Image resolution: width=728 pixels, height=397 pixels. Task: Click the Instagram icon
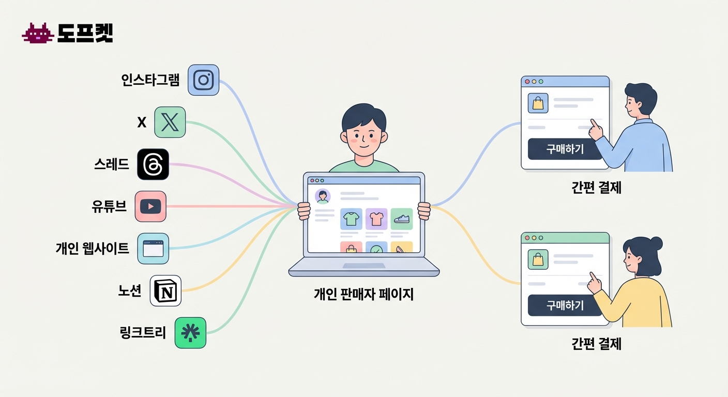click(204, 80)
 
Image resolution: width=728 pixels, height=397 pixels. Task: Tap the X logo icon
click(170, 122)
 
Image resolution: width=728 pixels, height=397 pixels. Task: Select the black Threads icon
click(153, 164)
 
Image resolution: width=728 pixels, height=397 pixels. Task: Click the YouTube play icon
click(150, 206)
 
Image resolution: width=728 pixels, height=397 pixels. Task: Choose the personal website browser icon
click(153, 249)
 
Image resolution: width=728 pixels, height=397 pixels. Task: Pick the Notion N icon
click(165, 291)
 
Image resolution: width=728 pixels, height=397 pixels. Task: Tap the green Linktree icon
click(190, 332)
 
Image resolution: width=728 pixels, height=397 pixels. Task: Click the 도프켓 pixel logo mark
click(38, 34)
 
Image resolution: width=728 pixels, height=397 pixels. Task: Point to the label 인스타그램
click(150, 80)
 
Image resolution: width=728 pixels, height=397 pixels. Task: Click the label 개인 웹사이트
click(93, 249)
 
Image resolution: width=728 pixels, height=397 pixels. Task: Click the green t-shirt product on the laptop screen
click(352, 219)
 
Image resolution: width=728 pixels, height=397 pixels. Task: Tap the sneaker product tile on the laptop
click(402, 219)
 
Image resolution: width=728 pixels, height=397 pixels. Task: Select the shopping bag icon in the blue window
click(538, 103)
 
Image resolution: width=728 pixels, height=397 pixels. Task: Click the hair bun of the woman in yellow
click(656, 242)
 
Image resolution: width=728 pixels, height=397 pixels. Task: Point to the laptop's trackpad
click(364, 266)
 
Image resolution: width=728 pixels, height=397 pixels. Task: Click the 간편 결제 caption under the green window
click(596, 344)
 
